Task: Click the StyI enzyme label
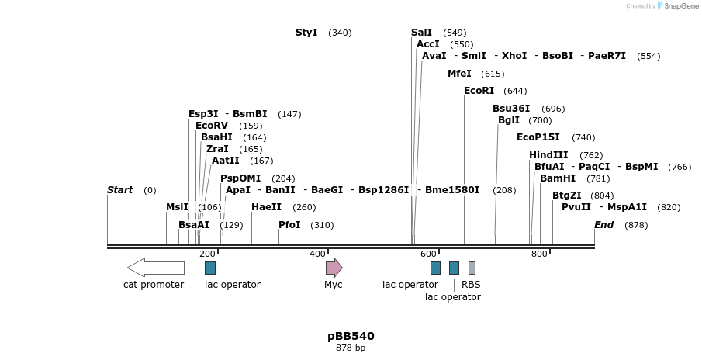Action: (306, 33)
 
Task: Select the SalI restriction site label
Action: (421, 33)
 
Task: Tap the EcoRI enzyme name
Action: (479, 91)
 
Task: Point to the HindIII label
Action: (548, 155)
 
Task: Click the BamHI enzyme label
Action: (558, 178)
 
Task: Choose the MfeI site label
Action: (459, 74)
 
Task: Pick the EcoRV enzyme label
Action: (212, 126)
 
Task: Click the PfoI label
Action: (289, 225)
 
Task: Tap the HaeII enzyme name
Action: (266, 207)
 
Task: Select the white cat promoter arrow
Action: (155, 268)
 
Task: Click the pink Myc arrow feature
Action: (334, 268)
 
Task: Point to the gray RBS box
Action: (472, 268)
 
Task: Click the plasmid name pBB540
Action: (351, 336)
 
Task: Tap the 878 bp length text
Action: (351, 348)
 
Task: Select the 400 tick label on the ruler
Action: (317, 254)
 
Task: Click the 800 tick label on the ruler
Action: (539, 254)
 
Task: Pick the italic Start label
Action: (120, 190)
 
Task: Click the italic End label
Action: (604, 225)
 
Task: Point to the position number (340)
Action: (340, 33)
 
